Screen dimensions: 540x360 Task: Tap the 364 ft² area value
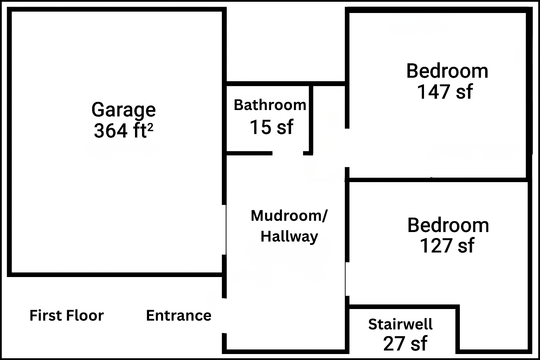pyautogui.click(x=123, y=130)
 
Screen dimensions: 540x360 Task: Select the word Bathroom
pyautogui.click(x=270, y=105)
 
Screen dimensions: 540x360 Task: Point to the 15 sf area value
pyautogui.click(x=271, y=127)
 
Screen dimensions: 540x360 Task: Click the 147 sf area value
pyautogui.click(x=445, y=92)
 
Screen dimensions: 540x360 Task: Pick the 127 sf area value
pyautogui.click(x=447, y=246)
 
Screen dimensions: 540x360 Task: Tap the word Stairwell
pyautogui.click(x=400, y=324)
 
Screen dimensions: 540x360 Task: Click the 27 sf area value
pyautogui.click(x=405, y=343)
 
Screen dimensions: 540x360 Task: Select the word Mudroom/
pyautogui.click(x=289, y=216)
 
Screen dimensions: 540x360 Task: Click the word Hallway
pyautogui.click(x=289, y=237)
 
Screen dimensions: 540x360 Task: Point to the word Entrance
pyautogui.click(x=179, y=315)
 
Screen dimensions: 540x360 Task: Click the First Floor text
pyautogui.click(x=66, y=315)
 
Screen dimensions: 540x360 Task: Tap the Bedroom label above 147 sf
pyautogui.click(x=448, y=71)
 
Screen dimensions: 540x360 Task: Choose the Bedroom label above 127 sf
pyautogui.click(x=448, y=225)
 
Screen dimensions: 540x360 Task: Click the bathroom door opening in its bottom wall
pyautogui.click(x=288, y=153)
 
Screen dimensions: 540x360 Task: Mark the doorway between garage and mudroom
pyautogui.click(x=224, y=230)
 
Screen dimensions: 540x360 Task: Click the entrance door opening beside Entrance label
pyautogui.click(x=224, y=316)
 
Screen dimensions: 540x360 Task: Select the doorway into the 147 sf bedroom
pyautogui.click(x=347, y=148)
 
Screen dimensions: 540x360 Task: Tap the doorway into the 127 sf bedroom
pyautogui.click(x=347, y=279)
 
